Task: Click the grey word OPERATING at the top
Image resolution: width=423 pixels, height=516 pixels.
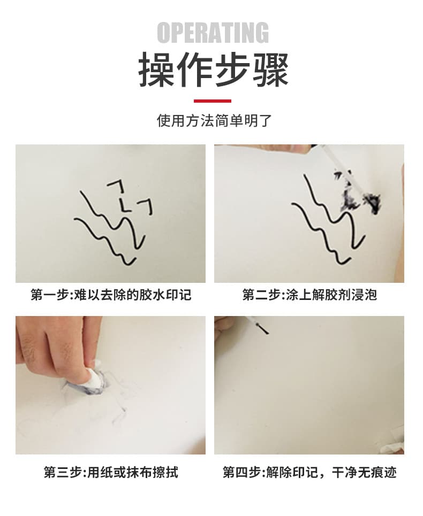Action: (213, 33)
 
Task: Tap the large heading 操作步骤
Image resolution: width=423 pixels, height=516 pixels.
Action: (213, 70)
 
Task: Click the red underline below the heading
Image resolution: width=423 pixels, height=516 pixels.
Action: (213, 101)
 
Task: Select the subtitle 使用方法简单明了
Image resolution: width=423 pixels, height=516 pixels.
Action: (214, 121)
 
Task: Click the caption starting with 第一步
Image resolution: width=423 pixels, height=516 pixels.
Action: (111, 295)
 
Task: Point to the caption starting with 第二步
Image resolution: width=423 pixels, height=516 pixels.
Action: (309, 295)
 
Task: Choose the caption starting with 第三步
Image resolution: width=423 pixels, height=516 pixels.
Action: (111, 473)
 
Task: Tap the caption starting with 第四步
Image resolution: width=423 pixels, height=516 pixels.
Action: (309, 473)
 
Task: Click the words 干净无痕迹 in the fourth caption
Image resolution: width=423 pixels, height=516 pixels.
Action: (364, 473)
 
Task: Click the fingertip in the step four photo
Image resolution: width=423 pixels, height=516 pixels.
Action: (223, 322)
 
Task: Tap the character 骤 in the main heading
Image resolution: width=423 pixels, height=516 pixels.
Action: (271, 70)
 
